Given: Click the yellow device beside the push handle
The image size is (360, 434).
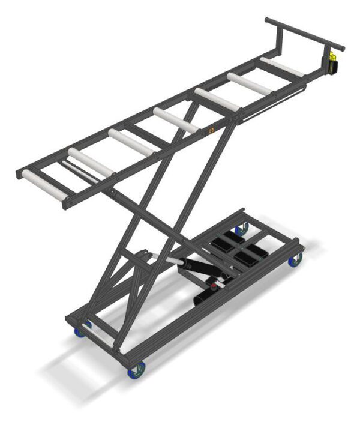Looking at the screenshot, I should [332, 62].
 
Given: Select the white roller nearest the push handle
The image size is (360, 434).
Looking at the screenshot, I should [282, 67].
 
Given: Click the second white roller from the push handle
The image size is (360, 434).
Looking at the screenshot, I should [249, 83].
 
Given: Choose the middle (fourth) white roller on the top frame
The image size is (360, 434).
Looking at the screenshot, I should [175, 119].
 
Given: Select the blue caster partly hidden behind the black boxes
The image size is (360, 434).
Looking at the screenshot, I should [241, 229].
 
